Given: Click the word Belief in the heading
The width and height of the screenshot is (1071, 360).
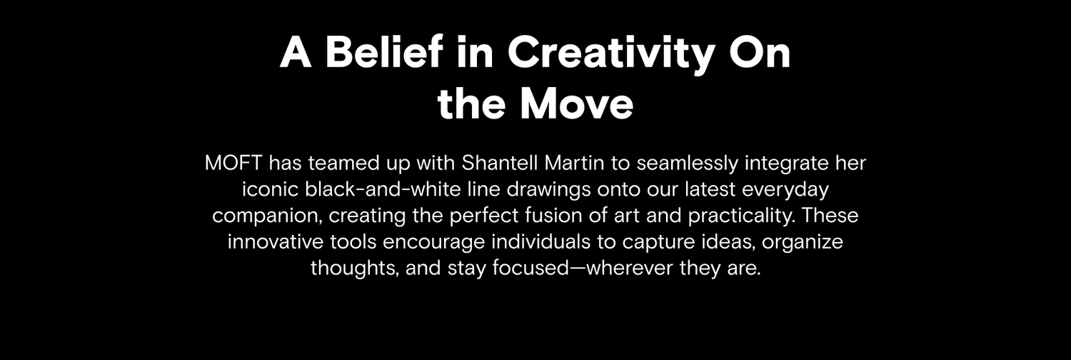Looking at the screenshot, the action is pos(384,51).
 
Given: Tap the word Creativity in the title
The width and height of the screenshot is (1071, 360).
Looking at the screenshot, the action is pos(611,54).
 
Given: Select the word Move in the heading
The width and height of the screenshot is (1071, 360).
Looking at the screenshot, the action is pos(577,104).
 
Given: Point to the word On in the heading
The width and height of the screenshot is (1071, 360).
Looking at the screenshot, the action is pos(759,52).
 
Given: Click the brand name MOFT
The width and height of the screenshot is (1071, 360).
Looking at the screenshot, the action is pos(233,163).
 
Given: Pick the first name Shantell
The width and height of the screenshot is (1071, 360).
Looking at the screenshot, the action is pos(500,163).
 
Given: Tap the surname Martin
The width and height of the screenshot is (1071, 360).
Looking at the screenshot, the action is pos(574,163).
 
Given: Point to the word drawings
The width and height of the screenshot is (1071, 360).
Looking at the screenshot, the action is pos(548,190).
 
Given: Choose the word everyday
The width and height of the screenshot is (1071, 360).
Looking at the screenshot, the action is pos(785,190).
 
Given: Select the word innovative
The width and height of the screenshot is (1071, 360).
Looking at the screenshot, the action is pos(276,241).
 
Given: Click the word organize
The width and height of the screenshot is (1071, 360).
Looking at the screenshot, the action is pos(803,242).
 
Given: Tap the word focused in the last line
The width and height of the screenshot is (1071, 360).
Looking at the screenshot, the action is pos(531,267).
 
